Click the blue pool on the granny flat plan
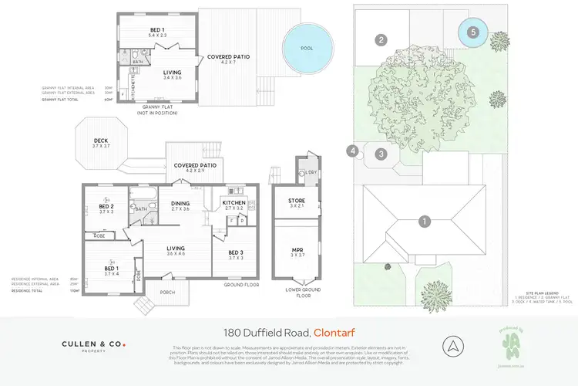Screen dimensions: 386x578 [311, 48]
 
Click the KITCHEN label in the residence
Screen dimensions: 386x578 [234, 202]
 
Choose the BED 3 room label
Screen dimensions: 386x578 [237, 252]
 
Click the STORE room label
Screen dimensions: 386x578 [297, 202]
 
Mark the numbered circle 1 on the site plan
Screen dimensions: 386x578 [424, 222]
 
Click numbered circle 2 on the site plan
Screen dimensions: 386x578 [381, 39]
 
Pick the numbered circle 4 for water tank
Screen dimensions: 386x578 [354, 151]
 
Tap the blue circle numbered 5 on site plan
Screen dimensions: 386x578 [473, 32]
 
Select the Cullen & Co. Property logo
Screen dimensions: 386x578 [93, 347]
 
